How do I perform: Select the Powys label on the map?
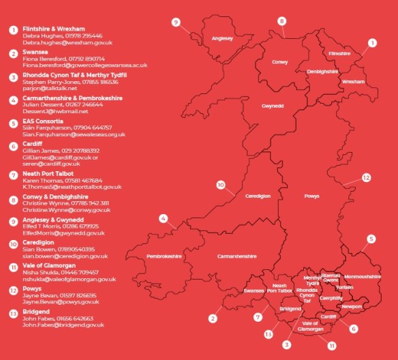(311, 196)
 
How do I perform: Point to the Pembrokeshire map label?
(164, 256)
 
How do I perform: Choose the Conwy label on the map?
(280, 62)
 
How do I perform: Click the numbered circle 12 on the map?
(367, 177)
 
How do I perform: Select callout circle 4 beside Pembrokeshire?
(164, 219)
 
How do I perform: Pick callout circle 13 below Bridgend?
(268, 334)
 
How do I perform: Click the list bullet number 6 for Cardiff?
(12, 147)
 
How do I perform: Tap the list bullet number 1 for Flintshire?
(12, 31)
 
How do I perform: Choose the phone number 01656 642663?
(74, 318)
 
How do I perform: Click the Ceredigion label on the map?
(258, 196)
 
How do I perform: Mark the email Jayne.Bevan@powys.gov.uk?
(61, 301)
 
